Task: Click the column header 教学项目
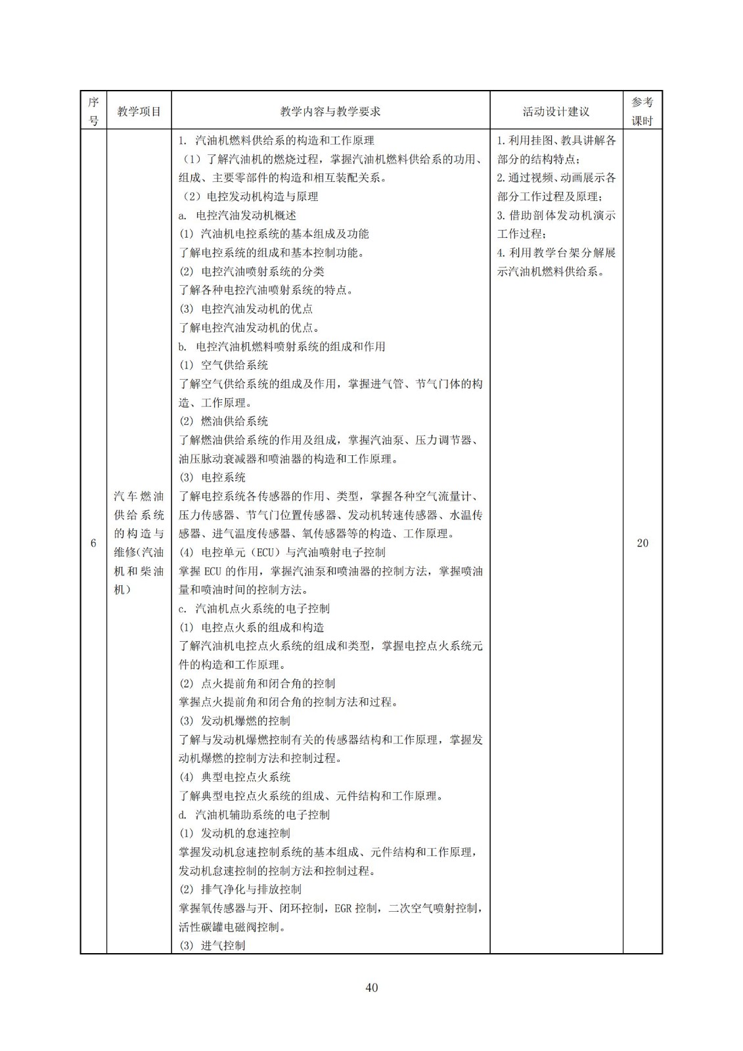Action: coord(139,111)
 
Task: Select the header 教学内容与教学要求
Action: coord(330,111)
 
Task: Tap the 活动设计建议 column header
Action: coord(556,111)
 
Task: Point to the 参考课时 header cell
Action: coord(642,111)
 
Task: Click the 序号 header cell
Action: coord(93,111)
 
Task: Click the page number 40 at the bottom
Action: coord(371,987)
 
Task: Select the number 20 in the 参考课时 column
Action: coord(642,543)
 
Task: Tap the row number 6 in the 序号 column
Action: coord(93,543)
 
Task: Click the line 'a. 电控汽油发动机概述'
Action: coord(237,215)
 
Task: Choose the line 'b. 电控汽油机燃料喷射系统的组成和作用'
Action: coord(282,347)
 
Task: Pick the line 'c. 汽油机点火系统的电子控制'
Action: coord(254,609)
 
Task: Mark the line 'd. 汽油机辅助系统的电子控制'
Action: coord(254,815)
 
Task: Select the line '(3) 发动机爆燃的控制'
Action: coord(235,721)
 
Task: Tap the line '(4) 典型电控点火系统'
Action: coord(235,777)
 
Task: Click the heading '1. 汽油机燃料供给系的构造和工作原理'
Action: coord(277,141)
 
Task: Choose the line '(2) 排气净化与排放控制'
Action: coord(240,889)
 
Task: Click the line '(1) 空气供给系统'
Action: coord(223,365)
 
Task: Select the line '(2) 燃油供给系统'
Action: coord(223,422)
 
